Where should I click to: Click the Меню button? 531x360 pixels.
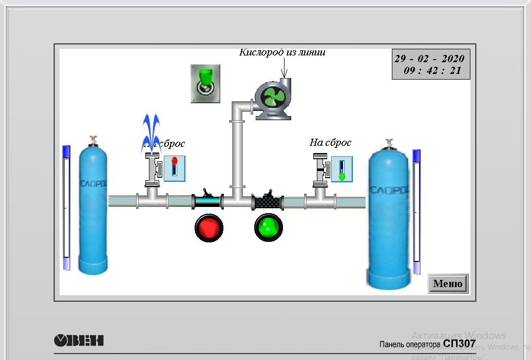(x=448, y=283)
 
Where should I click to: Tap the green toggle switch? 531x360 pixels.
(x=205, y=83)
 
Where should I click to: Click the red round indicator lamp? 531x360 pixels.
(x=209, y=228)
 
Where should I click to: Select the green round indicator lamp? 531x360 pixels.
(x=269, y=227)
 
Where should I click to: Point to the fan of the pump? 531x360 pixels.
(x=271, y=97)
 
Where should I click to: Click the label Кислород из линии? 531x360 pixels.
(x=282, y=52)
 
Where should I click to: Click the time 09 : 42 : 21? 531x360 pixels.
(x=432, y=71)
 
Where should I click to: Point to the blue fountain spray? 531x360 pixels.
(x=151, y=133)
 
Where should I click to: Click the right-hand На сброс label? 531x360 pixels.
(x=330, y=142)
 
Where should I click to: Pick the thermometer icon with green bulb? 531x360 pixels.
(x=342, y=169)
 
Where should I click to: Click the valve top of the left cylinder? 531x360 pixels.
(x=93, y=140)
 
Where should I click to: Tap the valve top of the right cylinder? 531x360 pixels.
(x=389, y=143)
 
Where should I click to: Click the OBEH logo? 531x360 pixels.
(x=79, y=340)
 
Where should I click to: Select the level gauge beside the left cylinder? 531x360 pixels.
(x=66, y=207)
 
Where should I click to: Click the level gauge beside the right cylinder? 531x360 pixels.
(x=416, y=211)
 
